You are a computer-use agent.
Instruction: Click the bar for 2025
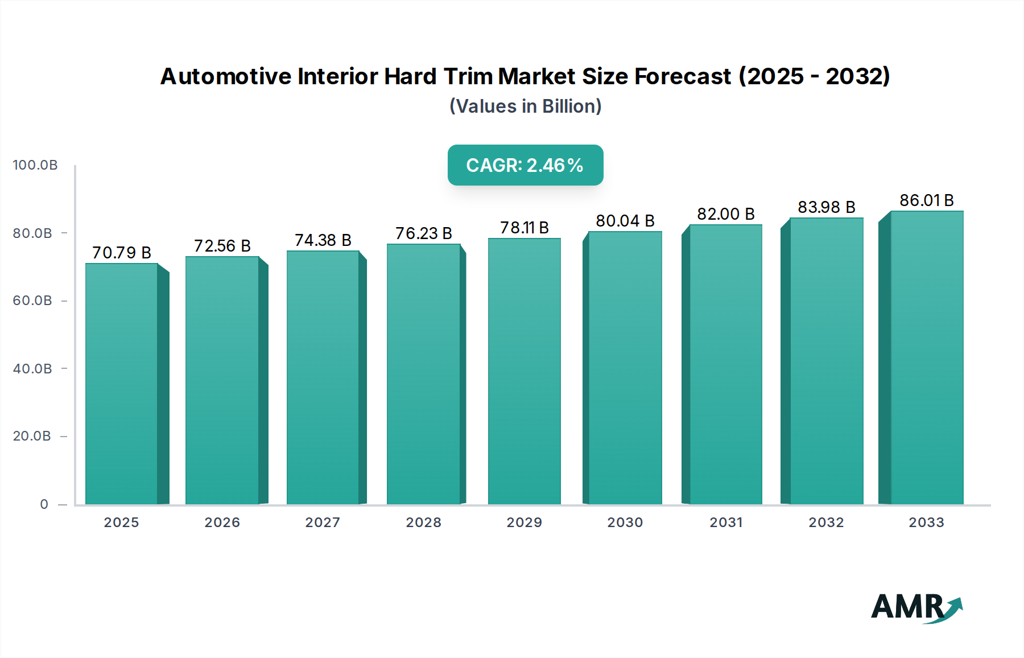pyautogui.click(x=122, y=384)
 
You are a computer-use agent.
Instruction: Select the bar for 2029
pyautogui.click(x=524, y=371)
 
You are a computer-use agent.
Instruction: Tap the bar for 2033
pyautogui.click(x=927, y=357)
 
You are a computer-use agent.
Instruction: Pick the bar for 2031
pyautogui.click(x=725, y=364)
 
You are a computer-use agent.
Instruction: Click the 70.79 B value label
pyautogui.click(x=122, y=253)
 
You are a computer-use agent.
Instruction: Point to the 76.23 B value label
pyautogui.click(x=424, y=233)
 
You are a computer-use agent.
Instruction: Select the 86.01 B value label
pyautogui.click(x=927, y=200)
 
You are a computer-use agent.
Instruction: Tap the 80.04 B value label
pyautogui.click(x=625, y=221)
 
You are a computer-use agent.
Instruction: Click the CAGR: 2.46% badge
pyautogui.click(x=525, y=165)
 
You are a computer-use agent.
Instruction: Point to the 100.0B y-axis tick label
pyautogui.click(x=35, y=165)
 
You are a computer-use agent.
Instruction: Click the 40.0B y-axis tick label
pyautogui.click(x=32, y=369)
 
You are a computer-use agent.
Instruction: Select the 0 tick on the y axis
pyautogui.click(x=44, y=504)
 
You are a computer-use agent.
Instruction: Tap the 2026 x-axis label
pyautogui.click(x=222, y=523)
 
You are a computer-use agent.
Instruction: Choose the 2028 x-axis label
pyautogui.click(x=424, y=523)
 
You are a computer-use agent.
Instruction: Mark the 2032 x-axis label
pyautogui.click(x=827, y=523)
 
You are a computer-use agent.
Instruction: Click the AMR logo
pyautogui.click(x=916, y=607)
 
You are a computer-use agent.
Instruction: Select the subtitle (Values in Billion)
pyautogui.click(x=525, y=106)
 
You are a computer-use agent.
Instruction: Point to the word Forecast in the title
pyautogui.click(x=683, y=76)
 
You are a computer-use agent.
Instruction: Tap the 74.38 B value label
pyautogui.click(x=323, y=240)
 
